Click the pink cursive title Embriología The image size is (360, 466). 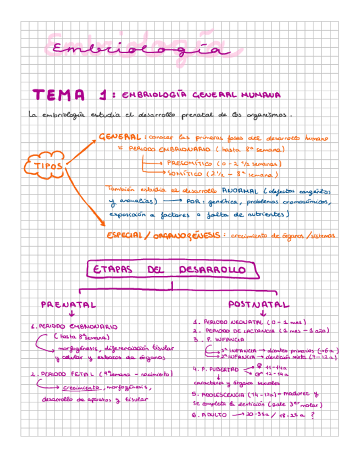tap(137, 48)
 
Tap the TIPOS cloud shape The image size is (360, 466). tap(46, 164)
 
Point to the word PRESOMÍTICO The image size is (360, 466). tap(188, 163)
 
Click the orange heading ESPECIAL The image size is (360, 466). tap(125, 235)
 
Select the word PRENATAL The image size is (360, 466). tap(68, 304)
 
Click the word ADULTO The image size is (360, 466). tap(214, 415)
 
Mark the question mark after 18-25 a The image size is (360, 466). tap(313, 415)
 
